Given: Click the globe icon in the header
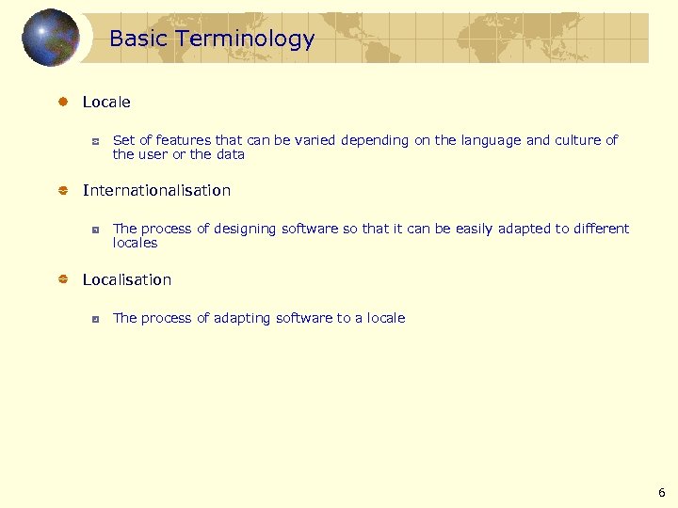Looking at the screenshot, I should click(x=51, y=38).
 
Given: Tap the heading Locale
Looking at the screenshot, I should click(x=106, y=102).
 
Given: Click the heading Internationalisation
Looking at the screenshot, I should click(x=156, y=190).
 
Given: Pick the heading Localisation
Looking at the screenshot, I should click(x=127, y=279).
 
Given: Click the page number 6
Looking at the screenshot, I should click(x=661, y=492).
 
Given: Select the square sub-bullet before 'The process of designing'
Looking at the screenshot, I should click(x=95, y=230).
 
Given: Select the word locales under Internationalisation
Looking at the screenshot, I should click(x=135, y=243).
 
